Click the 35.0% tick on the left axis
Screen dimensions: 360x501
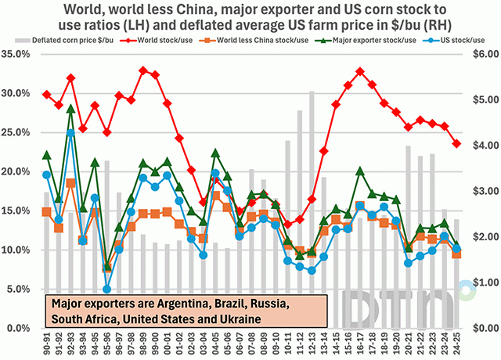pyautogui.click(x=18, y=54)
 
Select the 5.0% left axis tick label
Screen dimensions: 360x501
pyautogui.click(x=20, y=289)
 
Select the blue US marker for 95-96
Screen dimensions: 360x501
pyautogui.click(x=107, y=289)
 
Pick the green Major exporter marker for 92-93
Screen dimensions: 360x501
pyautogui.click(x=71, y=108)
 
